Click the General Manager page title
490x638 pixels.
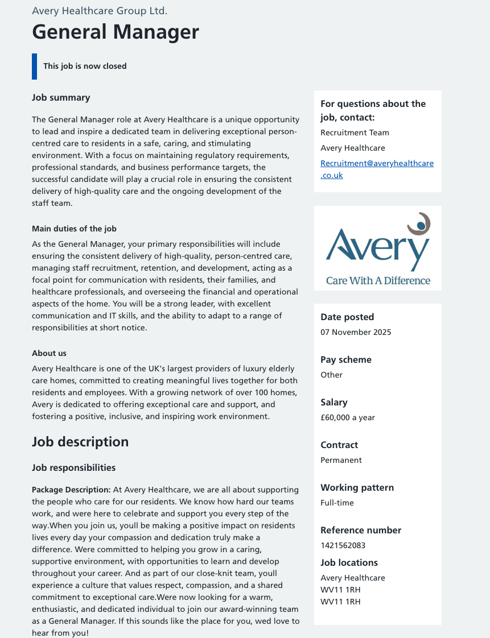coord(116,32)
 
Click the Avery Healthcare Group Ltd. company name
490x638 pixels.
coord(100,11)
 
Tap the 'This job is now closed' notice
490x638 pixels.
coord(85,66)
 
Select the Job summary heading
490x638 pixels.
coord(61,98)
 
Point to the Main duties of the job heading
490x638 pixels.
coord(74,229)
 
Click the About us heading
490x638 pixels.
coord(49,353)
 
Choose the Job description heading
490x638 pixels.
coord(80,442)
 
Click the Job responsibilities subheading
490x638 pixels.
coord(73,468)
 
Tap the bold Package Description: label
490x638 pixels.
coord(71,490)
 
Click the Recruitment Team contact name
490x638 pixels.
coord(355,132)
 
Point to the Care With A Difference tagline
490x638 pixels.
coord(378,280)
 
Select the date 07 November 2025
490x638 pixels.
coord(356,332)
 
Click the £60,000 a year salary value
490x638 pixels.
coord(347,417)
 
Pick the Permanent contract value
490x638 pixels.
coord(341,460)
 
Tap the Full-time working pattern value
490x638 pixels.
coord(337,503)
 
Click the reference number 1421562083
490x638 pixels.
coord(343,545)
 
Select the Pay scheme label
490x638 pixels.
coord(345,360)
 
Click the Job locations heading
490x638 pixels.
coord(349,563)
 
